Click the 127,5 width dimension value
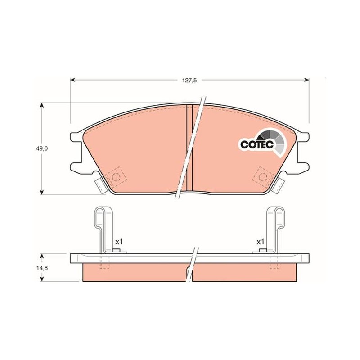point(189,81)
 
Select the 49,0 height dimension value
point(41,148)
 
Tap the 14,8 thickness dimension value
point(41,267)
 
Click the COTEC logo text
point(257,144)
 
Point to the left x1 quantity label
point(119,242)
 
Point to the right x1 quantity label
point(261,242)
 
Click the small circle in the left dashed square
point(116,177)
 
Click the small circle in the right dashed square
point(263,177)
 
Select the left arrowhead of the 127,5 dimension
point(72,80)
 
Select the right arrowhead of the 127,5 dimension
point(306,80)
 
